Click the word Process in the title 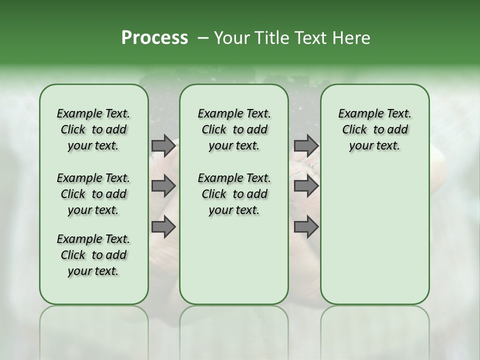pos(154,38)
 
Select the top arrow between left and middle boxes pos(163,145)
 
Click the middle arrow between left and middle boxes pos(163,186)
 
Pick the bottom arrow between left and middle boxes pos(163,227)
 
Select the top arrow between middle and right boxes pos(306,145)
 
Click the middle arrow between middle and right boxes pos(306,186)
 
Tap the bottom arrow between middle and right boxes pos(306,227)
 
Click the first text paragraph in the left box pos(93,129)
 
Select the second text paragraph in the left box pos(93,194)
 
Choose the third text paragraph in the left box pos(93,255)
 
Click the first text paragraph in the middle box pos(234,129)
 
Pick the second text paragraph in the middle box pos(234,194)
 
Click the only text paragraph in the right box pos(374,129)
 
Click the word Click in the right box pos(354,130)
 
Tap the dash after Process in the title pos(202,38)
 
